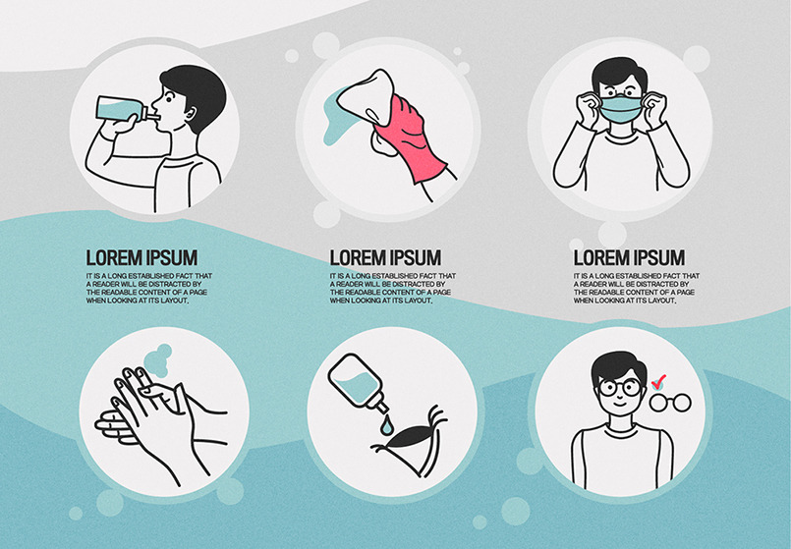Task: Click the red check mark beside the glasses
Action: click(x=658, y=382)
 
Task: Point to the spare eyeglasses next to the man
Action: click(x=670, y=403)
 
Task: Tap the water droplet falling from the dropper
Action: click(x=386, y=425)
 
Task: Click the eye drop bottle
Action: click(x=356, y=382)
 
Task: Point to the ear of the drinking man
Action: click(x=191, y=114)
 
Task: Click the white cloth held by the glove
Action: click(x=366, y=97)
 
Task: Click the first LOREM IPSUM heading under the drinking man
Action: click(x=141, y=258)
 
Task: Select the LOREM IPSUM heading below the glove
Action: click(x=385, y=258)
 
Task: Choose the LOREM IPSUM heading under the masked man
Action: click(x=629, y=258)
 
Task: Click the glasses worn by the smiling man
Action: click(x=619, y=388)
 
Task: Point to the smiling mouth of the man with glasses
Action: click(x=619, y=405)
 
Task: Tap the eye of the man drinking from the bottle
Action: click(x=169, y=96)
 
